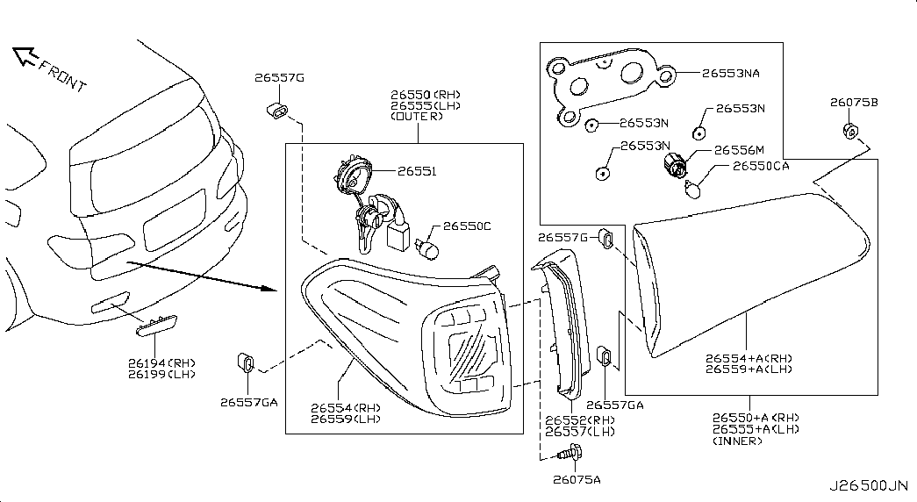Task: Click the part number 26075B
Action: coord(854,103)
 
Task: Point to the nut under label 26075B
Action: coord(850,132)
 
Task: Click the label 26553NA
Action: coord(731,74)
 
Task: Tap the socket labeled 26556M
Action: coord(676,164)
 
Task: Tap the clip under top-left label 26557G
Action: coord(278,111)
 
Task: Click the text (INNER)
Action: coord(736,441)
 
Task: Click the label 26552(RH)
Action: coord(580,420)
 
